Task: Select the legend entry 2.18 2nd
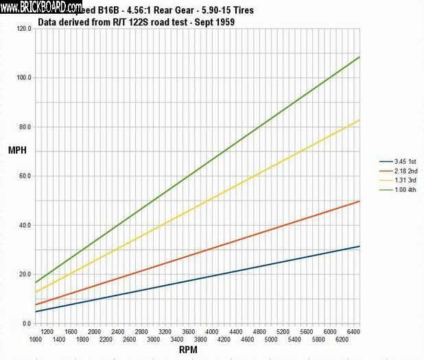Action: (x=397, y=170)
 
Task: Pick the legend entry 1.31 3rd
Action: (x=397, y=179)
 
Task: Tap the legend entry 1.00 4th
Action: (x=397, y=188)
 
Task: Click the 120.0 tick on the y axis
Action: (x=25, y=29)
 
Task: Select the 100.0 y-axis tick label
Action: (x=25, y=78)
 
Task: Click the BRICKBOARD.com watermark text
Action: (x=43, y=8)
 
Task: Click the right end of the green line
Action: (x=359, y=57)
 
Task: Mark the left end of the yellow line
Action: (x=35, y=293)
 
